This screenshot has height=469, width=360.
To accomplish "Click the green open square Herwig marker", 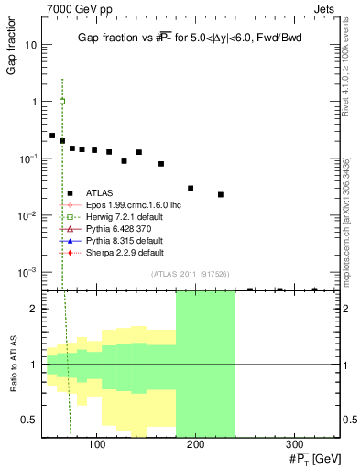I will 61,102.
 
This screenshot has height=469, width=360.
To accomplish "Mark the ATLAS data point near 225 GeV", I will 221,194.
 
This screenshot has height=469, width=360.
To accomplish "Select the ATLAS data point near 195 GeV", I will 191,188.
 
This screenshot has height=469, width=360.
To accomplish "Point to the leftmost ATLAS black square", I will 52,136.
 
